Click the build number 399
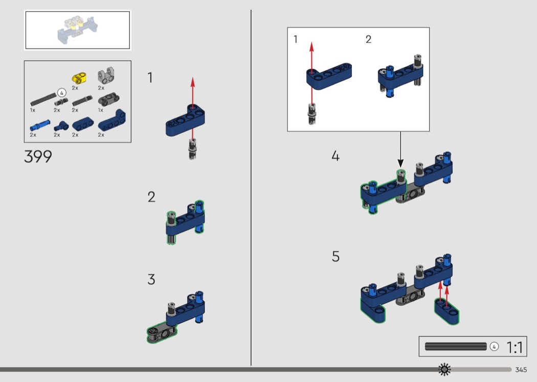point(38,157)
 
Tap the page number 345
point(521,370)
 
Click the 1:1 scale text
point(514,347)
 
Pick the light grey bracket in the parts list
point(106,75)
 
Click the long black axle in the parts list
point(43,99)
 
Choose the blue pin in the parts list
point(40,125)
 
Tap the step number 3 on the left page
point(151,280)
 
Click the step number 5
point(335,257)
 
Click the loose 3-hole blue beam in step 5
point(447,311)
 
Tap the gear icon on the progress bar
point(444,369)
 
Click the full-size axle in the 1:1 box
point(456,346)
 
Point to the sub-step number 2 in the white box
point(369,39)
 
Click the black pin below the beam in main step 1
point(193,149)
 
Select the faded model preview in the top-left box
point(78,30)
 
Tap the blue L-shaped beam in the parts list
point(112,121)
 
